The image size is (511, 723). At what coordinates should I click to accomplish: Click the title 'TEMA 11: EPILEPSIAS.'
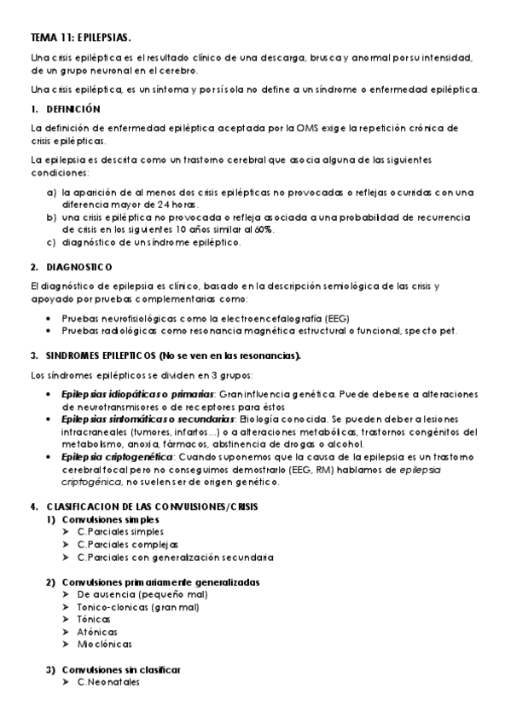click(80, 38)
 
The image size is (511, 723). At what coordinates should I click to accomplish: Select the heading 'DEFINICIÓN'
click(73, 109)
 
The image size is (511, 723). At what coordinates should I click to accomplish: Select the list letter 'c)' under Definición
click(52, 242)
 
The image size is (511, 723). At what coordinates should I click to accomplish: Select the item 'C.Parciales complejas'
click(127, 545)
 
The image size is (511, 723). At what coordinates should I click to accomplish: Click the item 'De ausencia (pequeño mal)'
click(136, 594)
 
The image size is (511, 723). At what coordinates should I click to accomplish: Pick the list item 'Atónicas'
click(97, 632)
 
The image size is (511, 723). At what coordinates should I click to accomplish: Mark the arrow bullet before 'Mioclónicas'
click(67, 645)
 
